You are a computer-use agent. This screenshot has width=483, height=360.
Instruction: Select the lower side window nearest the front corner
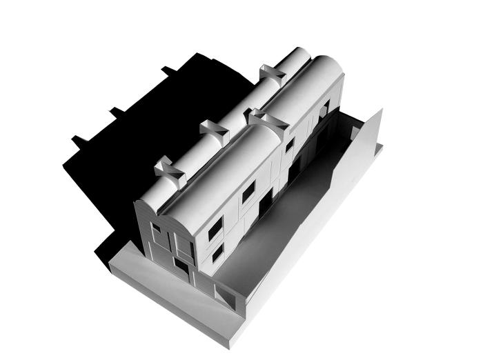point(217,254)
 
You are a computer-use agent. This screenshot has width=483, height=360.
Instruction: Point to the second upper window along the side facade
point(248,193)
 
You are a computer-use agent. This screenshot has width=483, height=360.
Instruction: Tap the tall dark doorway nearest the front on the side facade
point(266,203)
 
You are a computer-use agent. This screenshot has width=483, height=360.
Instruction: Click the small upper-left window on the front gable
point(156,228)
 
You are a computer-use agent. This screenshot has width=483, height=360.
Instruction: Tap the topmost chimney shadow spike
point(168,70)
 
